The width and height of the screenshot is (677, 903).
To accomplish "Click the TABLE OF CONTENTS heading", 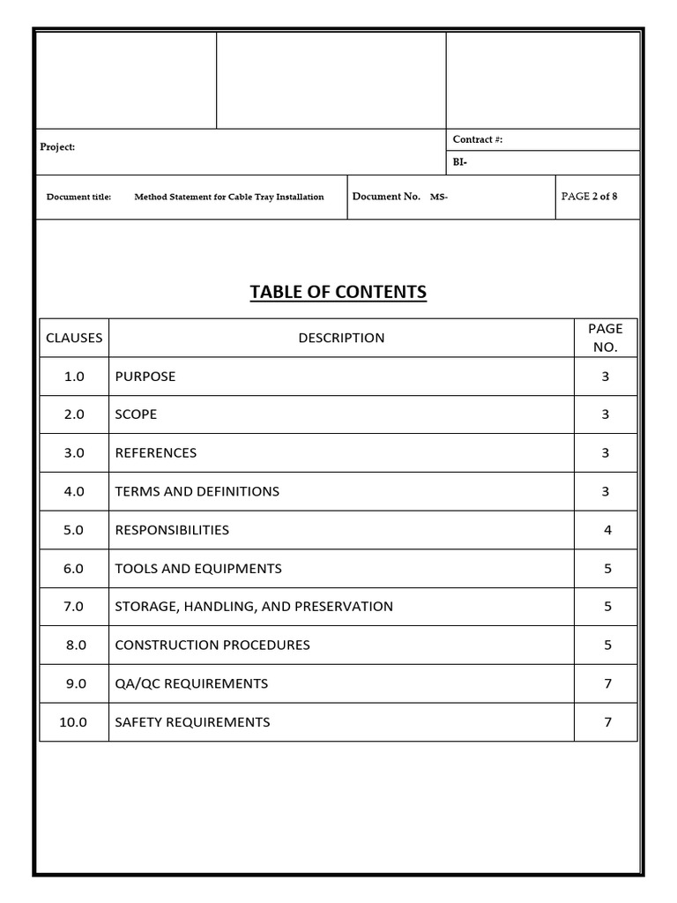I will [x=338, y=292].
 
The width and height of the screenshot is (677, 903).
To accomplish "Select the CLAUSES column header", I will [x=74, y=338].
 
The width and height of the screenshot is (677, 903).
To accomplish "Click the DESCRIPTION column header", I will [x=341, y=338].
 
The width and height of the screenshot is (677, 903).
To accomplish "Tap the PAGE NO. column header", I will [x=605, y=338].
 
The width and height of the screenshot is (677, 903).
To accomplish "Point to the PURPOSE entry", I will [x=145, y=377].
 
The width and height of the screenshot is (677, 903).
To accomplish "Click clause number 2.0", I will [x=74, y=414].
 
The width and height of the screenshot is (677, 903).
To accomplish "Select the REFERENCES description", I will [x=156, y=453].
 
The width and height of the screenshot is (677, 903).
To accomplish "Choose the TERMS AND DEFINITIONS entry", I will [x=197, y=491].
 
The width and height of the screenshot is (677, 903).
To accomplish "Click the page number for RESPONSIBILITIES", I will [x=606, y=530].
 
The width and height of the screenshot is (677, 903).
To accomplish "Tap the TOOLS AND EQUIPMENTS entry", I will [x=198, y=569].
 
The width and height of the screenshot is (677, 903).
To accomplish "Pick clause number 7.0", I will [x=74, y=607].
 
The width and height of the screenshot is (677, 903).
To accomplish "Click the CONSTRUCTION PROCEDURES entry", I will [x=212, y=646].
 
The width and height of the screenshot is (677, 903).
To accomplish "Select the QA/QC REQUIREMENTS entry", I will [x=191, y=683].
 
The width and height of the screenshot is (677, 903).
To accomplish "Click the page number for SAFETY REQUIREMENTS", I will [x=606, y=722].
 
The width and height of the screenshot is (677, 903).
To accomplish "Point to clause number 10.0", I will [x=74, y=722].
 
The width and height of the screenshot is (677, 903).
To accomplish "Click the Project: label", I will [x=57, y=147].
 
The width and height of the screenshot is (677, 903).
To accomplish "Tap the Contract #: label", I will [x=477, y=139].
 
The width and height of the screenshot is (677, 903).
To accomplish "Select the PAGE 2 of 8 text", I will [x=589, y=197].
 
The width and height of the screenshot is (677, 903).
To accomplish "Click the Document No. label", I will [x=386, y=197].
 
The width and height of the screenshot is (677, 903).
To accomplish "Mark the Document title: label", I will [x=78, y=198].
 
